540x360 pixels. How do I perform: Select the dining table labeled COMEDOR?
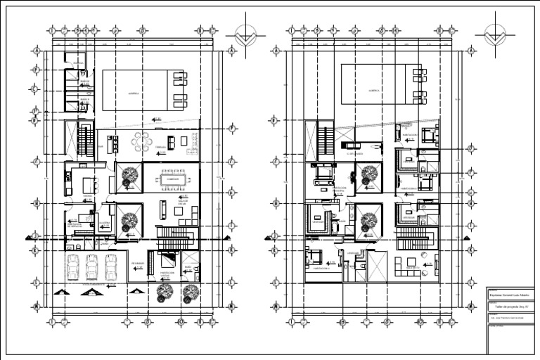[172, 179]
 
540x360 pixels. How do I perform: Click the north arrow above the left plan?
[245, 36]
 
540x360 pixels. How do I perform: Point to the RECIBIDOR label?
[138, 263]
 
